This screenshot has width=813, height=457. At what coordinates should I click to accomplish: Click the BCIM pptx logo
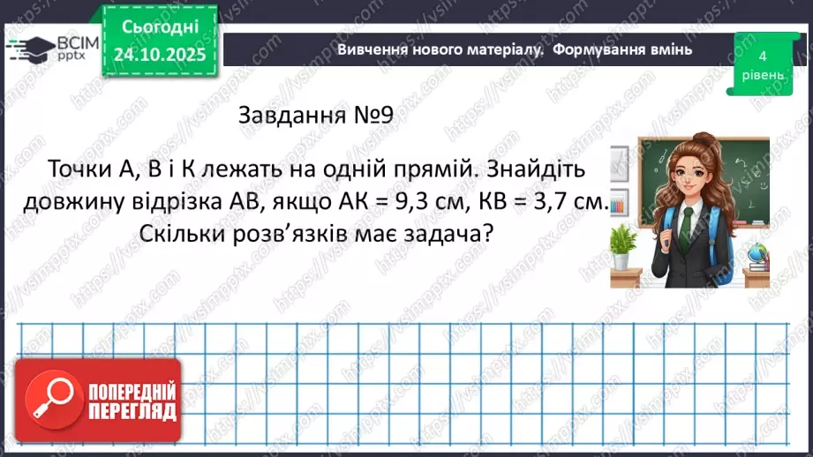tap(51, 49)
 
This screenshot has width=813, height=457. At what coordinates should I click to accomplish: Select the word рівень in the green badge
tap(762, 75)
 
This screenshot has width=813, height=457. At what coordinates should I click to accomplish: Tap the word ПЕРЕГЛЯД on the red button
tap(132, 411)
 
